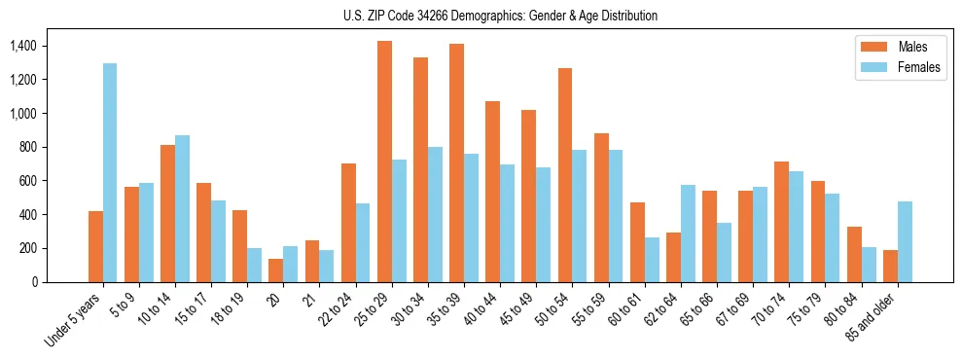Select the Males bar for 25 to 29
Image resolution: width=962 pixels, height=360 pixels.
point(384,162)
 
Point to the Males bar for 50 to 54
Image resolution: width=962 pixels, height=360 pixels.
point(565,175)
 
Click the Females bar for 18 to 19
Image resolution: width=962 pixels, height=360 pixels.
point(254,265)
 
